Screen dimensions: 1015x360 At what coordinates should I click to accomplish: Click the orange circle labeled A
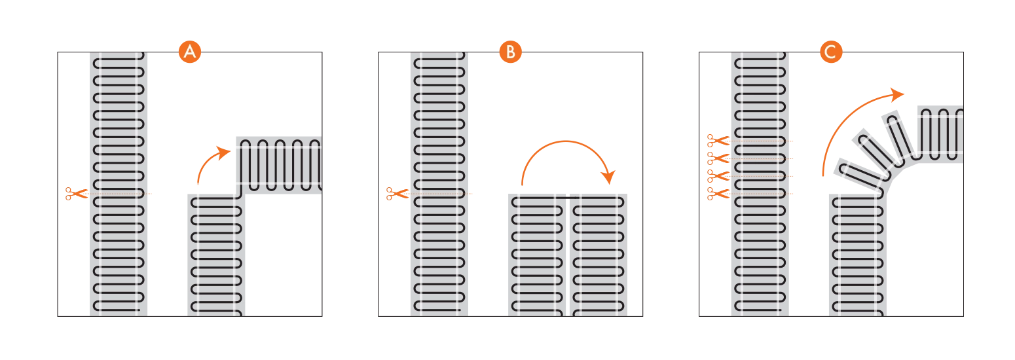tap(190, 52)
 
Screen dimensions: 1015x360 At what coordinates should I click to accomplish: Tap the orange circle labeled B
tap(511, 52)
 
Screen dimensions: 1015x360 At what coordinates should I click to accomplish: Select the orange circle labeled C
tap(831, 52)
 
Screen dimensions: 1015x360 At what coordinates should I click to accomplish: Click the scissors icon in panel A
tap(76, 194)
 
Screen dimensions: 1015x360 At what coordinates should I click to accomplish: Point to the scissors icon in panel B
tap(397, 194)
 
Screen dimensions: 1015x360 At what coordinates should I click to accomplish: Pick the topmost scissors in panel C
tap(718, 141)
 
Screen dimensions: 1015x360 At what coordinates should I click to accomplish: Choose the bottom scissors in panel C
tap(718, 194)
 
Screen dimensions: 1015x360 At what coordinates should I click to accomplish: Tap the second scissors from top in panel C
tap(718, 158)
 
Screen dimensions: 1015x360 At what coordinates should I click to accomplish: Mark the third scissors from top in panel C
tap(718, 176)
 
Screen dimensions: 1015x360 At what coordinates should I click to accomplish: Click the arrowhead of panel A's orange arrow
tap(223, 152)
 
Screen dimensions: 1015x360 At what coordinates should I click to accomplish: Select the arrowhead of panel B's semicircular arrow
tap(608, 177)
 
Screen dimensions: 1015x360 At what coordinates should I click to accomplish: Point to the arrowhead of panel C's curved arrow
tap(896, 94)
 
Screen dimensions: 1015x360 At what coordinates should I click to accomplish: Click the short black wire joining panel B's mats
tap(568, 198)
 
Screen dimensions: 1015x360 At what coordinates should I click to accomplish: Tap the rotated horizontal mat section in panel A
tap(279, 166)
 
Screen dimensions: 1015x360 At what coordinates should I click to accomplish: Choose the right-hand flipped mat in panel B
tap(599, 255)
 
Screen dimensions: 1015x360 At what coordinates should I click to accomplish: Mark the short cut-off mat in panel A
tap(216, 255)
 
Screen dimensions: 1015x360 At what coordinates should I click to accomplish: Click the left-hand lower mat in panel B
tap(537, 255)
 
